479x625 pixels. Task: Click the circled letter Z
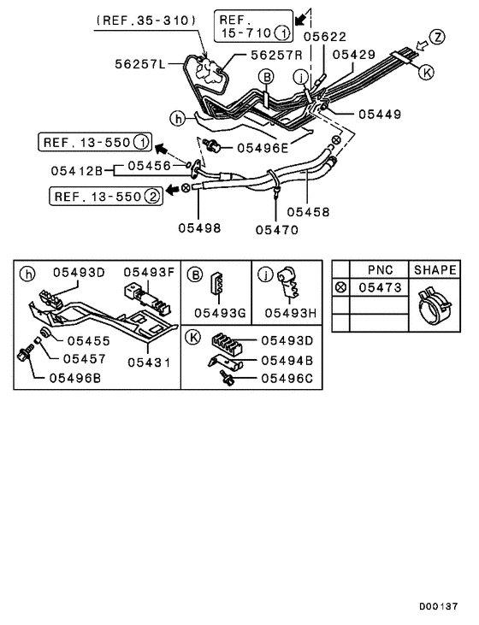[438, 37]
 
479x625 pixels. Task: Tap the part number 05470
[278, 229]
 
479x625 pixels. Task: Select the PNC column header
[380, 269]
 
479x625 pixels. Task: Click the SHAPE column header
[435, 269]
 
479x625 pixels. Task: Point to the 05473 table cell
[380, 288]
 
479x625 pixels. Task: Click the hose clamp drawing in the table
[435, 309]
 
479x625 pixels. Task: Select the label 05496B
[77, 376]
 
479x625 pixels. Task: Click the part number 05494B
[287, 360]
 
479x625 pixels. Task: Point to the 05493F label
[148, 273]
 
